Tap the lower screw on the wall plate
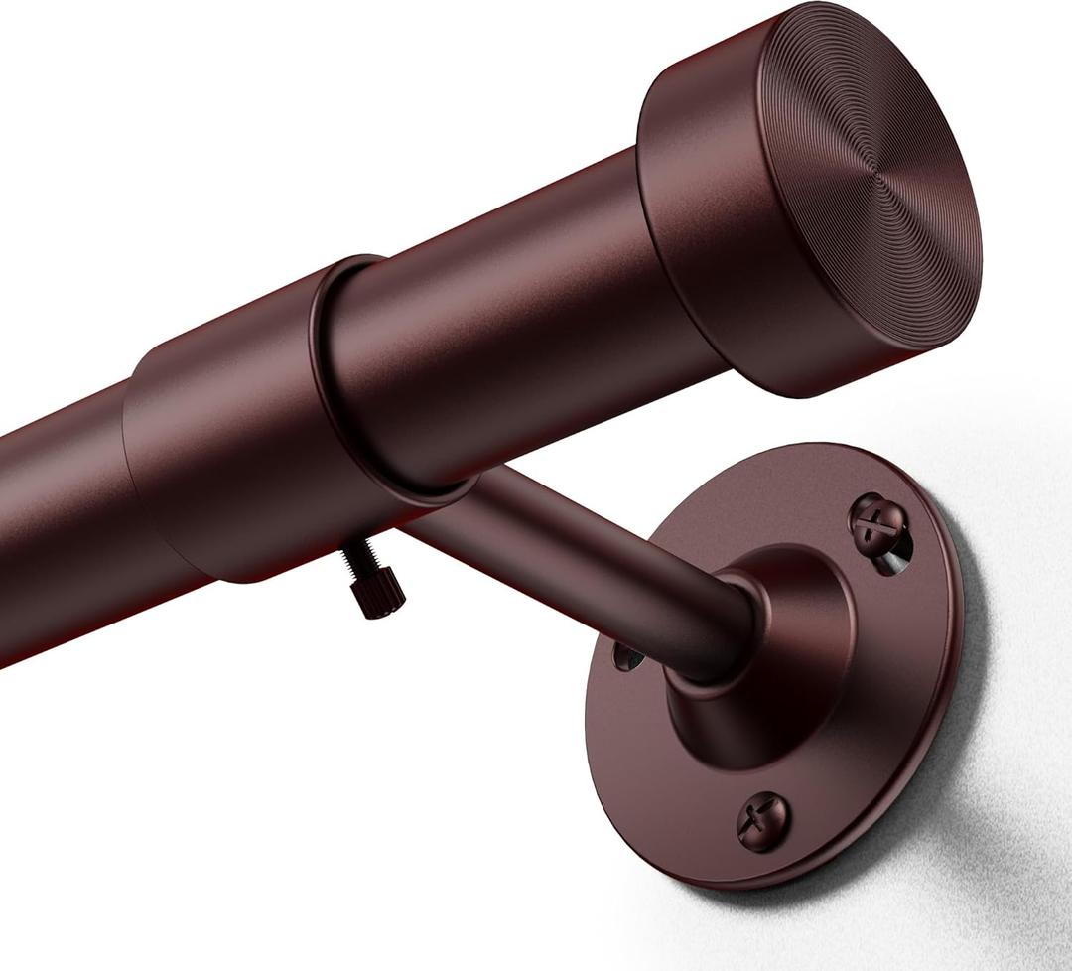pos(763,820)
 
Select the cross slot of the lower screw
pos(763,820)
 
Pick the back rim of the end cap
pos(650,238)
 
